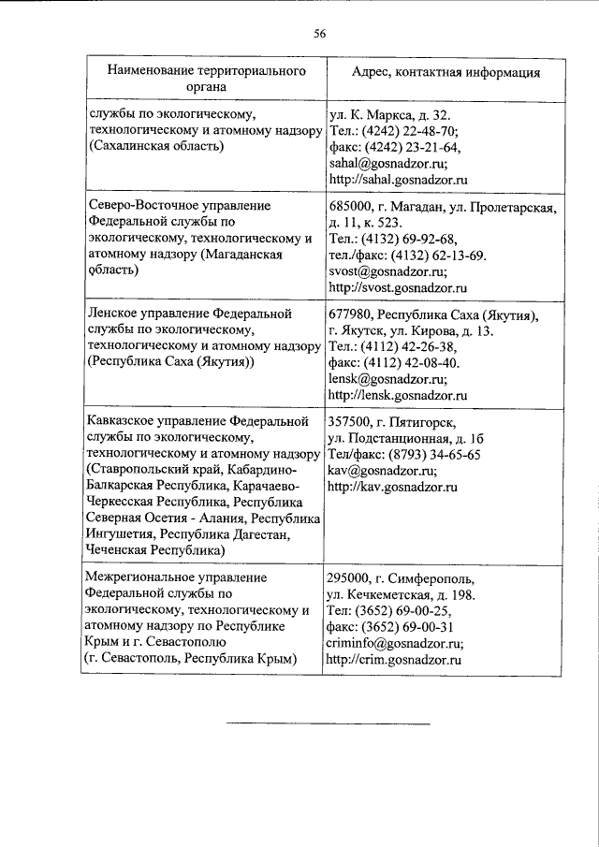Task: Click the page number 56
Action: click(318, 35)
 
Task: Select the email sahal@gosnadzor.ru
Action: click(386, 162)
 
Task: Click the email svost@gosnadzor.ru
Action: click(386, 270)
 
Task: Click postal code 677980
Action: click(350, 314)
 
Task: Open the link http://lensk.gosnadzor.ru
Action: click(398, 396)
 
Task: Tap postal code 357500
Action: click(350, 422)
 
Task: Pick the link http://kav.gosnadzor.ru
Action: click(392, 488)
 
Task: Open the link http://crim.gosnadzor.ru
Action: click(395, 660)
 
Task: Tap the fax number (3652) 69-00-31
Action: click(407, 627)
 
